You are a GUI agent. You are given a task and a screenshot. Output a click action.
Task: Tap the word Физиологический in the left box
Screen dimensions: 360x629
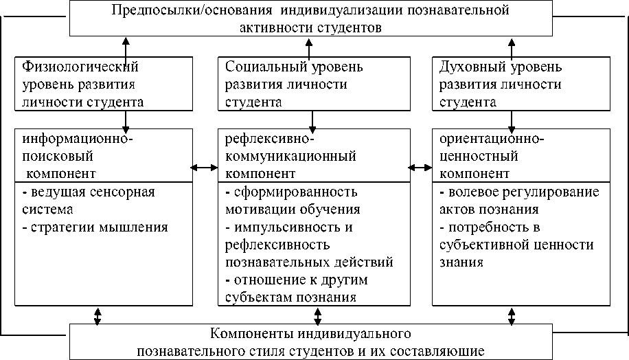coord(80,67)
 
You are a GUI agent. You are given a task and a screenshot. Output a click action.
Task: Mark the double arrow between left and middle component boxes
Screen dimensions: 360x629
coord(204,167)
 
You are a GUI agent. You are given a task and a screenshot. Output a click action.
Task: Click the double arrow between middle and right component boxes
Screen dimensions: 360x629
coord(418,167)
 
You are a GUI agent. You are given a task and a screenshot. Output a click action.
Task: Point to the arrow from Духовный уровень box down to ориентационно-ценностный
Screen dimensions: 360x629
coord(512,119)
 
